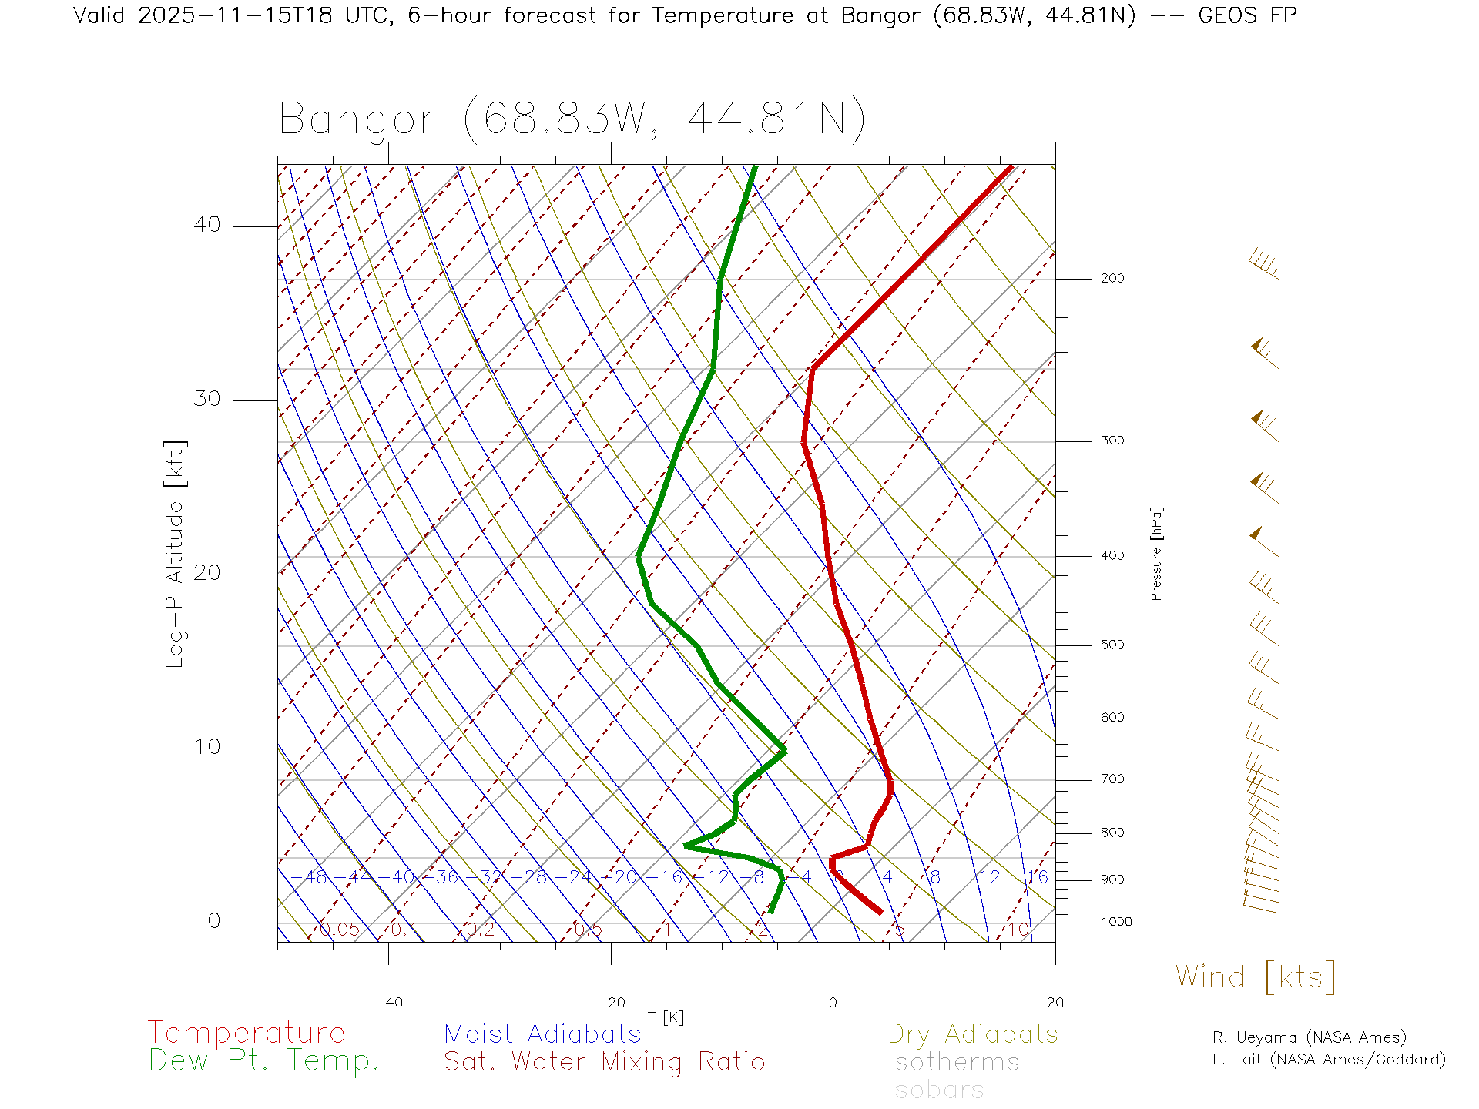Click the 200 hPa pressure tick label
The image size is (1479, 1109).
1112,279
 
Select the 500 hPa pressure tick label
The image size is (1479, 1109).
1112,645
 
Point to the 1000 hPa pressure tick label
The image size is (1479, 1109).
1116,923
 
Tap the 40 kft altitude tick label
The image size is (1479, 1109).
206,225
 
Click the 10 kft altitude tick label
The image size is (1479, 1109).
206,747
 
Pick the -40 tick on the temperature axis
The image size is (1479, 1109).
388,1003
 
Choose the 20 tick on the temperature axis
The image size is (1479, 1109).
1055,1003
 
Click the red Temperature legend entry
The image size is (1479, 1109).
246,1033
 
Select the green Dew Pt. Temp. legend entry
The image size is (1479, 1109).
264,1061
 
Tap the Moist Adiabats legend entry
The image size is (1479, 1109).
542,1034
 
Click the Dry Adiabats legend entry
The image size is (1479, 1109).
973,1034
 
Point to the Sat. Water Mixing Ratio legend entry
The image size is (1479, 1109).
604,1062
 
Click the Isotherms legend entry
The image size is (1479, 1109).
953,1062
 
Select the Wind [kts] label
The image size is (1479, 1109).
1256,977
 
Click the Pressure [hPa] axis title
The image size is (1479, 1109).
1156,553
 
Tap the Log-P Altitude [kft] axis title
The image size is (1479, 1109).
176,554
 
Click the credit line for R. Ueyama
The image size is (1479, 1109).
1309,1037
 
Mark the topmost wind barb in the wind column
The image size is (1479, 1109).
1263,263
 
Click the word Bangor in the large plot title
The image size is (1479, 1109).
357,120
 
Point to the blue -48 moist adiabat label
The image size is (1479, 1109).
310,878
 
